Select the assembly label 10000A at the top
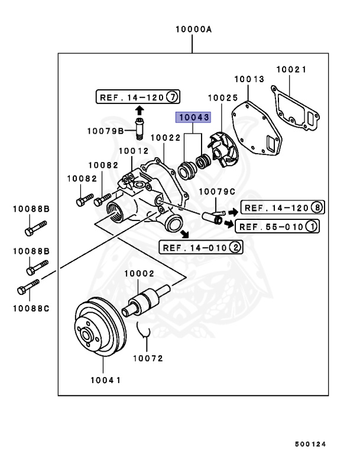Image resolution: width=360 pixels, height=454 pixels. (x=193, y=29)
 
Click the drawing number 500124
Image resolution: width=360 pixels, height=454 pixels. (x=310, y=442)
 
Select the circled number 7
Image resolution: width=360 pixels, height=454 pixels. (x=171, y=96)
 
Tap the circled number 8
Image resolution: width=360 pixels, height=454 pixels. (x=317, y=208)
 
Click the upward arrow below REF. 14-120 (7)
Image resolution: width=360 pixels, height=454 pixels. (x=139, y=110)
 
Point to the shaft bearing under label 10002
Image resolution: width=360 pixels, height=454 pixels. (x=145, y=300)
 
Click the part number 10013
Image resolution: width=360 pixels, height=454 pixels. (x=247, y=79)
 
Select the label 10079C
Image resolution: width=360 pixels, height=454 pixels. (x=216, y=191)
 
